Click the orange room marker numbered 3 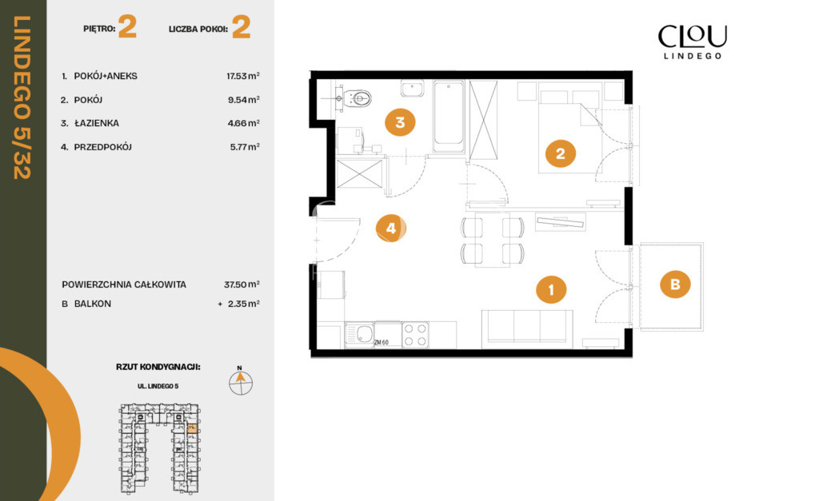[400, 122]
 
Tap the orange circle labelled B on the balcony [675, 284]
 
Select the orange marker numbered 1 [551, 289]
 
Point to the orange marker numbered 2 [561, 153]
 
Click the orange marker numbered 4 [390, 228]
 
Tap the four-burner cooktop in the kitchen [415, 335]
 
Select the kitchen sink [359, 335]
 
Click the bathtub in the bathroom [449, 117]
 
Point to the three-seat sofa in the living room [527, 328]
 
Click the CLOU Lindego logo [692, 42]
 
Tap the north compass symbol [241, 381]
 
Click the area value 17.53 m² [243, 76]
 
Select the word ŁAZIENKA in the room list [97, 123]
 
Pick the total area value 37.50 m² [242, 284]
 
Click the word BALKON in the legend [93, 304]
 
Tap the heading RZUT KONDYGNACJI [158, 367]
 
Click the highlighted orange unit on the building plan [192, 428]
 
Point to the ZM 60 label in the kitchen [382, 342]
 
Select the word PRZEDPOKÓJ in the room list [103, 147]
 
